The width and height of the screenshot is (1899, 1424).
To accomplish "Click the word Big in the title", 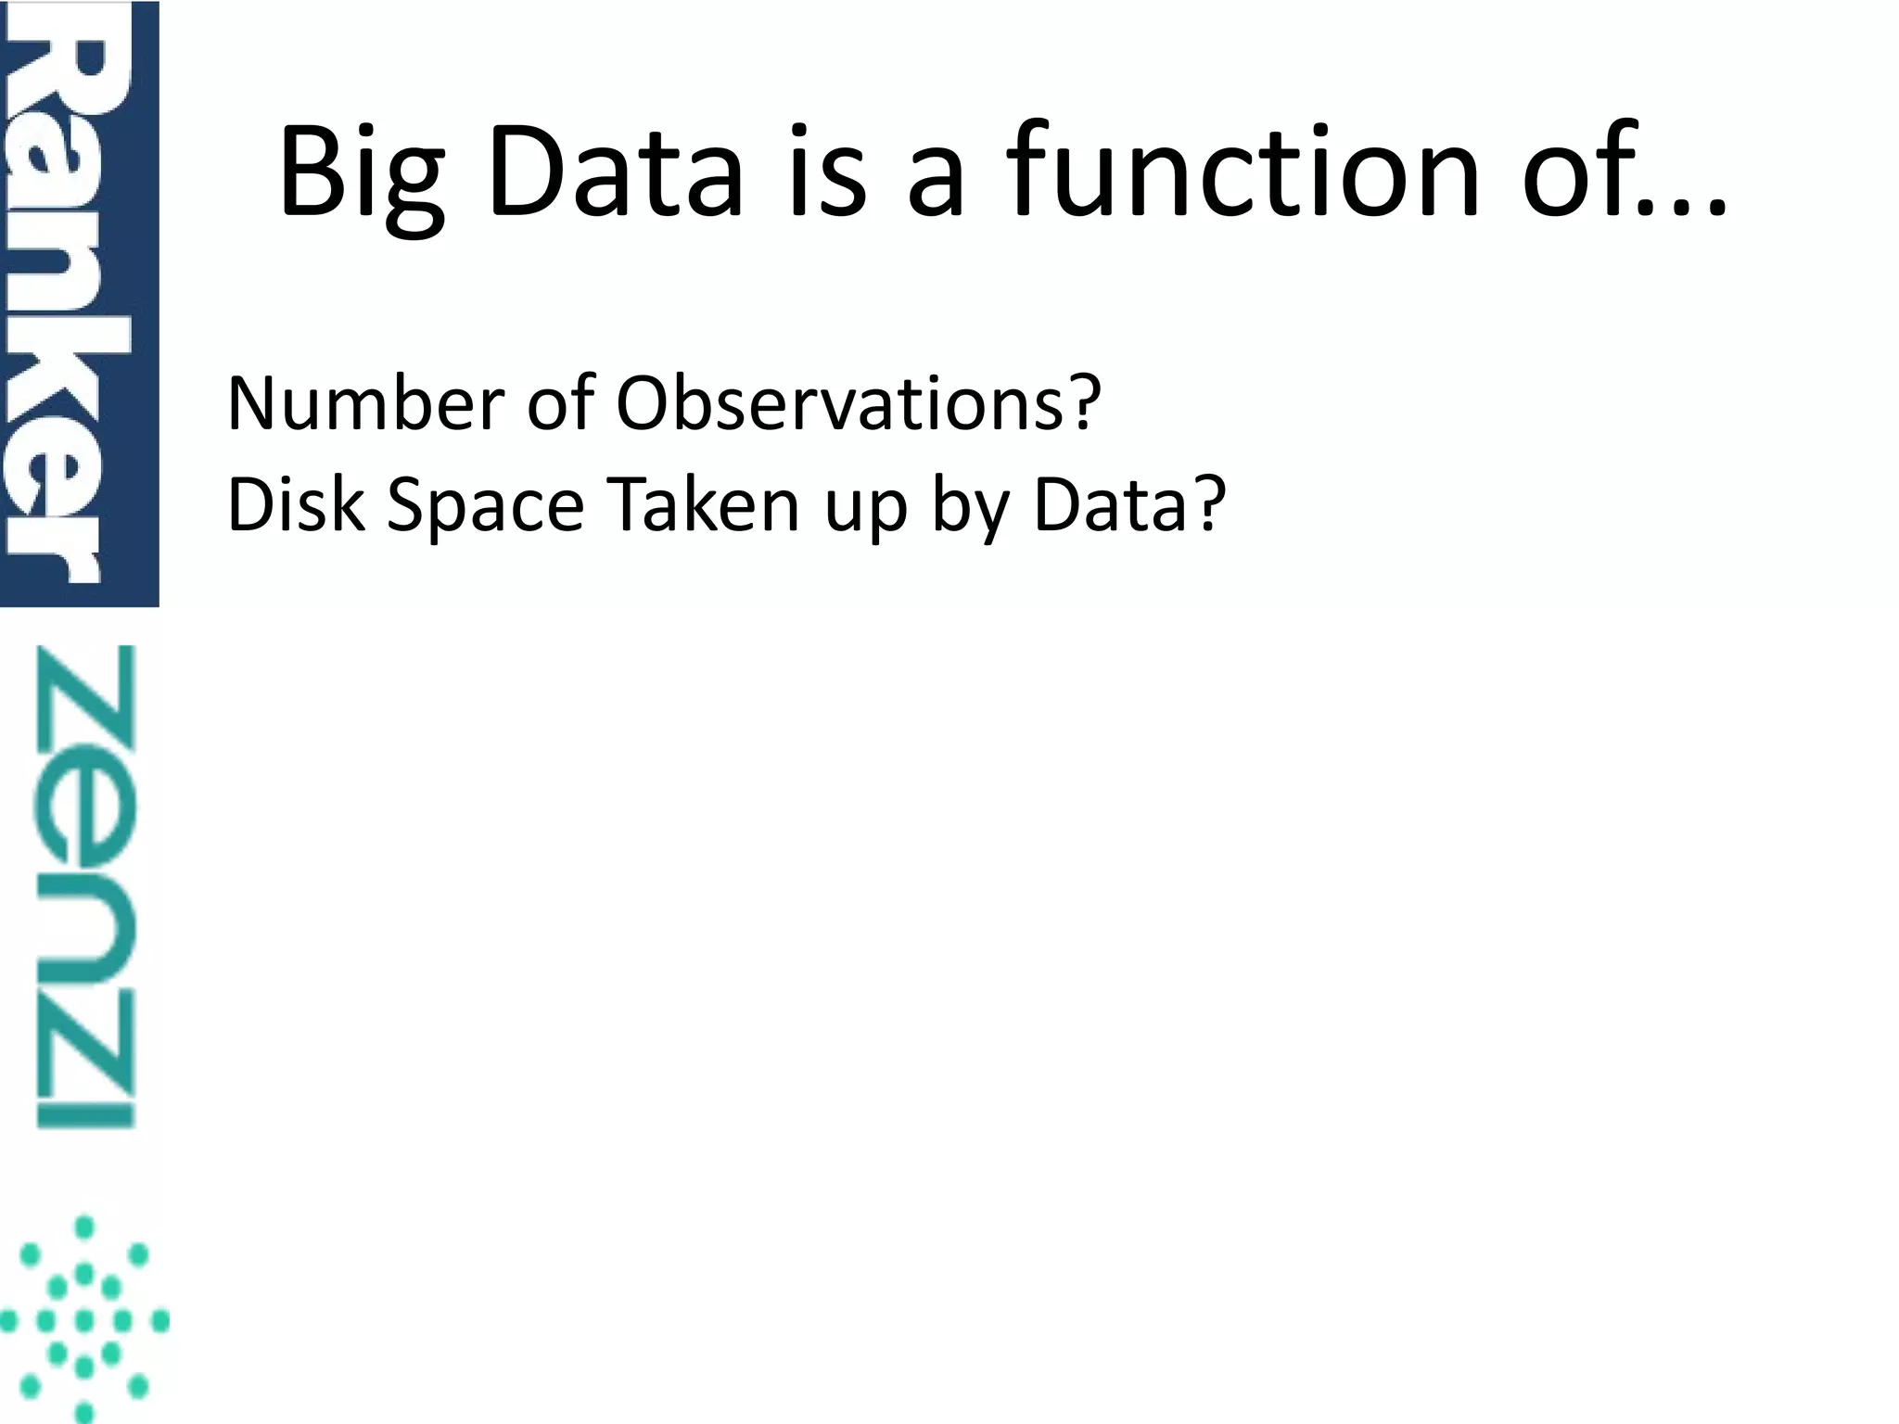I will point(361,173).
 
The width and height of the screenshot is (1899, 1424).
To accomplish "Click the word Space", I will point(485,508).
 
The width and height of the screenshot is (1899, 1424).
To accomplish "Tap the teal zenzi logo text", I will point(85,886).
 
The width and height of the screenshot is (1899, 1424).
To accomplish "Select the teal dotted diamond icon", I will point(83,1318).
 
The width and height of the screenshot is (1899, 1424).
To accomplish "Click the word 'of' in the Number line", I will point(560,404).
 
